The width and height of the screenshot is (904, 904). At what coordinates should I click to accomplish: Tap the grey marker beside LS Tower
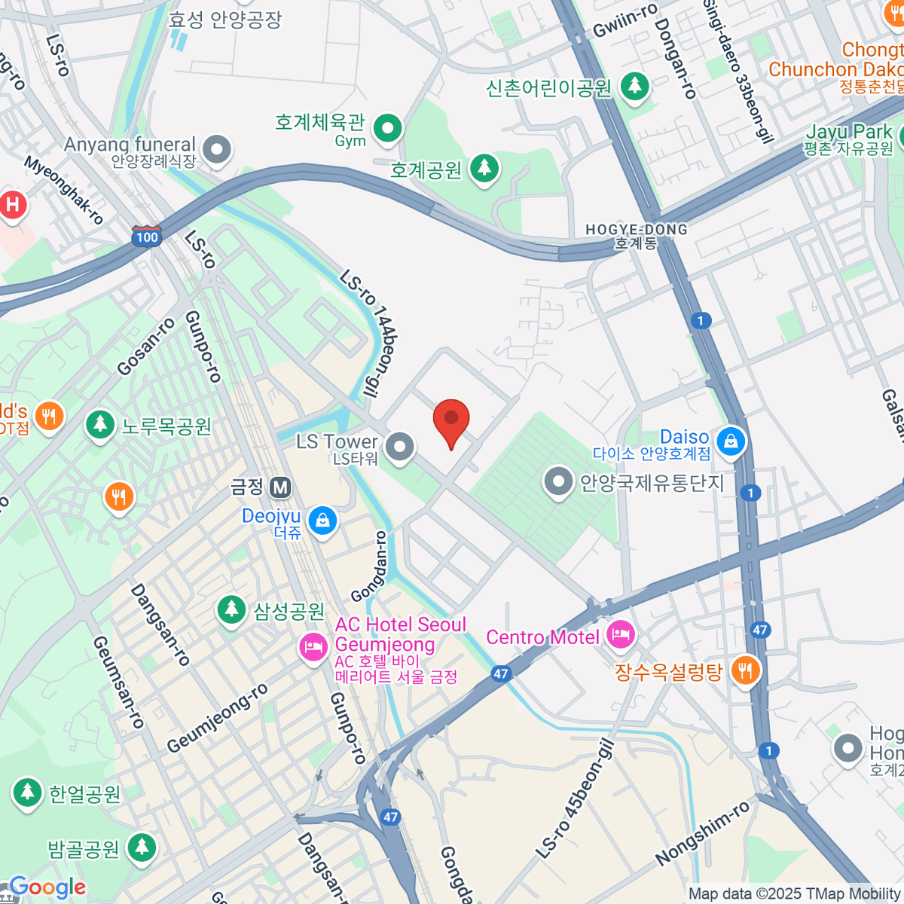pos(399,447)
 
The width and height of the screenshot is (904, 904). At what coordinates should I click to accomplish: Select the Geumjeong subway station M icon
pos(281,487)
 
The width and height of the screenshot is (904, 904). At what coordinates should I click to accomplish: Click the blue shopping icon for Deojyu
pos(322,521)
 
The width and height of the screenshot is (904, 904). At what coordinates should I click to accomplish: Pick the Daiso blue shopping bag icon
pos(730,442)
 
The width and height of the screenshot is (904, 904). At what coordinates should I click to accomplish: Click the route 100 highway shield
pos(146,237)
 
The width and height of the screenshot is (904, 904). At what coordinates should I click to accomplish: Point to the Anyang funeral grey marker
pos(217,149)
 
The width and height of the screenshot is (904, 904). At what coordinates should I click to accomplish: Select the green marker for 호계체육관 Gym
pos(388,128)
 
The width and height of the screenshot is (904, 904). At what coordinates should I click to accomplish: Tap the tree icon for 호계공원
pos(484,169)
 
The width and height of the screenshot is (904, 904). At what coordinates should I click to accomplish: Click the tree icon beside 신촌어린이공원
pos(634,87)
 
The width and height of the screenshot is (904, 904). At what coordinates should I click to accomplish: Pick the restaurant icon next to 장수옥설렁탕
pos(744,670)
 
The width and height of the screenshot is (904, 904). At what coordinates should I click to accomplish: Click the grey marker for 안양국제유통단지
pos(558,482)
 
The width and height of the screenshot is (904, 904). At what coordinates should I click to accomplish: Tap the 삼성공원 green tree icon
pos(231,610)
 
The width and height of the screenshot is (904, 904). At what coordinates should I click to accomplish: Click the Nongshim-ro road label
pos(702,833)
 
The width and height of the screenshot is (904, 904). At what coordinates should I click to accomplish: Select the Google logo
pos(47,887)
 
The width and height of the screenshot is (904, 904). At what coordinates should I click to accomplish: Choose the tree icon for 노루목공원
pos(99,426)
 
